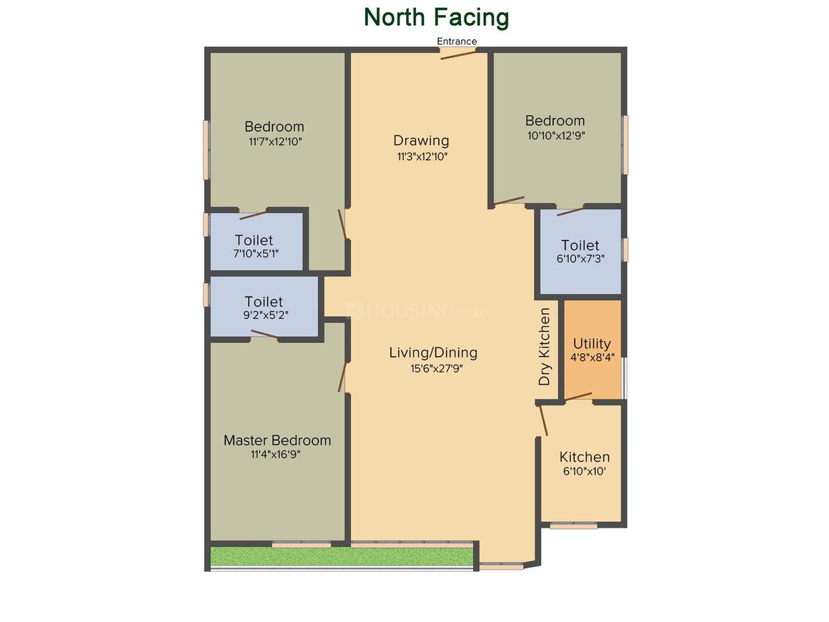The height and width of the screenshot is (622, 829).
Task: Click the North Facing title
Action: coord(436,17)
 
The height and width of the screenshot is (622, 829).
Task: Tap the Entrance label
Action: coord(457,41)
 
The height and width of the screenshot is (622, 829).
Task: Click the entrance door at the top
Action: coord(458,53)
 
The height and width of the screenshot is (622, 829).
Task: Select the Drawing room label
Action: coord(422,141)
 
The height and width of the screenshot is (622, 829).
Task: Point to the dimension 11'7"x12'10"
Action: coord(275,142)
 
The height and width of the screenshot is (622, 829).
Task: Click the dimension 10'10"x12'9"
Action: coord(556,135)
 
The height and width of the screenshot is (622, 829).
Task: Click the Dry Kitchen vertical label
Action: coord(545,347)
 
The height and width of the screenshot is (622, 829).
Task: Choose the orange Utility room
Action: coord(592,350)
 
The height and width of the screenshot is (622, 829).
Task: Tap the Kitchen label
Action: coord(585,457)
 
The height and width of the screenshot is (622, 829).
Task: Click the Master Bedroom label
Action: coord(277,440)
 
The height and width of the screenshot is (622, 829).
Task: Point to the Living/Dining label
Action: coord(434,352)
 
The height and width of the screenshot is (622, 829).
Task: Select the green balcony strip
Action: coord(342,556)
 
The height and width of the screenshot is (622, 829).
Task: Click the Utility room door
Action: coord(578,397)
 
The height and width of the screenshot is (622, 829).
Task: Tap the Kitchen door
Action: coord(543,420)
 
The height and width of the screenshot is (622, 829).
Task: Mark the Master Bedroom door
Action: coord(342,377)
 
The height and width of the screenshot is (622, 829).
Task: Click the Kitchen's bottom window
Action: coord(574,525)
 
